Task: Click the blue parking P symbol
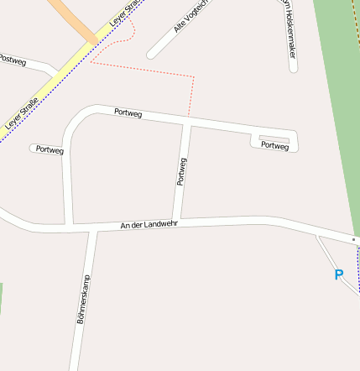339,274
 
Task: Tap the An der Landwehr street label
149,224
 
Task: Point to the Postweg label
13,60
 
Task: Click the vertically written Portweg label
181,171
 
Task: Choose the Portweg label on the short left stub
50,150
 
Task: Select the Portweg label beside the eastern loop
274,146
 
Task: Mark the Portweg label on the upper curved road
128,112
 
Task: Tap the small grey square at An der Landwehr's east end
354,239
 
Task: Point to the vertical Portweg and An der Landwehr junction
177,222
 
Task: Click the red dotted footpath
194,92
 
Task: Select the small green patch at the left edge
1,298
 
